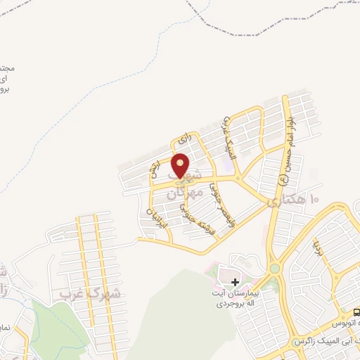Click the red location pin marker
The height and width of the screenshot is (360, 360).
pyautogui.click(x=181, y=166)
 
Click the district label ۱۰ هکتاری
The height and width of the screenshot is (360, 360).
pyautogui.click(x=292, y=200)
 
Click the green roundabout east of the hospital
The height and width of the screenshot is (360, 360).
pyautogui.click(x=274, y=269)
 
